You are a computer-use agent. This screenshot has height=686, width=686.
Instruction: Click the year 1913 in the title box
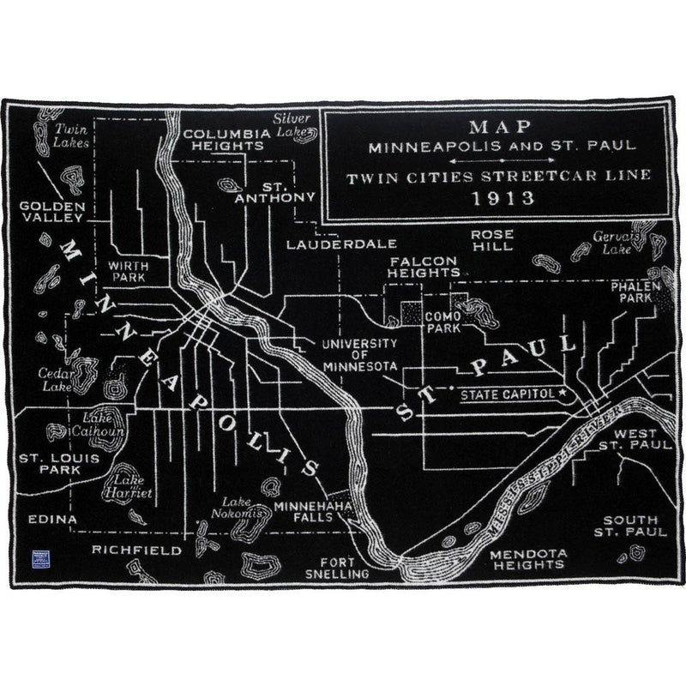click(497, 199)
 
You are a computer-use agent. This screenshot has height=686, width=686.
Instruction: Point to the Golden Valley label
click(51, 212)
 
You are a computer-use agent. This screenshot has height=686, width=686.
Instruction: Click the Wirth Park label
click(128, 272)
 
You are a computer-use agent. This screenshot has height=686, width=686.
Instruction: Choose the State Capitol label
click(508, 395)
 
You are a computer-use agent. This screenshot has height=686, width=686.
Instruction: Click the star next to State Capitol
click(563, 393)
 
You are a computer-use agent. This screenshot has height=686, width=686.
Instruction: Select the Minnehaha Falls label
click(312, 513)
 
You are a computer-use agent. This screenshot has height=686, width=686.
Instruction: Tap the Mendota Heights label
click(527, 559)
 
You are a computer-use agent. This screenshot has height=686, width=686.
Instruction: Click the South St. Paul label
click(630, 526)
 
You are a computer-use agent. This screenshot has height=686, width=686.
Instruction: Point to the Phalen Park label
click(635, 292)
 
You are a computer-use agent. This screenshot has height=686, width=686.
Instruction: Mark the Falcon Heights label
click(424, 266)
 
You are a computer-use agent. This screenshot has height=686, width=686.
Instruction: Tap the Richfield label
click(137, 550)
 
